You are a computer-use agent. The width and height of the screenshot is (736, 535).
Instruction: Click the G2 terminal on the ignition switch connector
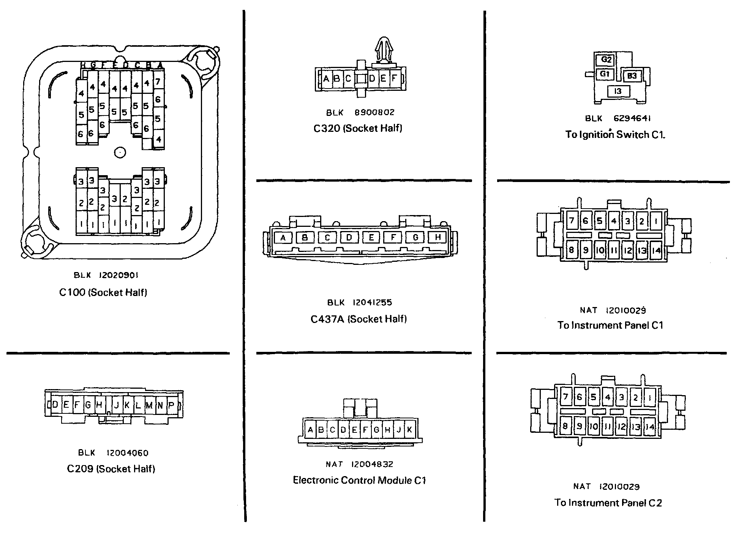606,60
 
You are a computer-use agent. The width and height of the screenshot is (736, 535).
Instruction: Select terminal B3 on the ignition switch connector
632,76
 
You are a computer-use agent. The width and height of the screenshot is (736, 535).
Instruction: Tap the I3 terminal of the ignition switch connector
618,91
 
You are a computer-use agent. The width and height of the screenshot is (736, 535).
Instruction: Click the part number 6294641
632,118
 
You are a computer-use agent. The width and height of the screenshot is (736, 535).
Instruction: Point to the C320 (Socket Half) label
358,128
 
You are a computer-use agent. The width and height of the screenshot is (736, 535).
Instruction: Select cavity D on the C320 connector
372,79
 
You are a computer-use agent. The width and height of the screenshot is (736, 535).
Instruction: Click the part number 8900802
374,112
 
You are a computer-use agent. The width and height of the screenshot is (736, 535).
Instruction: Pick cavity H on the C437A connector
438,237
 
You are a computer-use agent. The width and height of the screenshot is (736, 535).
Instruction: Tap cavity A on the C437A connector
283,238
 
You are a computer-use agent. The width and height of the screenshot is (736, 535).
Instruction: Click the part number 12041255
372,302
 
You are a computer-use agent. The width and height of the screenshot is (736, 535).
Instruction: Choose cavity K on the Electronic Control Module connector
409,430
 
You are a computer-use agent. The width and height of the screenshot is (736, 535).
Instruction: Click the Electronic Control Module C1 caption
359,480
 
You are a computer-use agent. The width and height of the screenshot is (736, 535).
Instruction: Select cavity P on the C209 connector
171,405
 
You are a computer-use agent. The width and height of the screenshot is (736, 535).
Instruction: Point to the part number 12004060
127,453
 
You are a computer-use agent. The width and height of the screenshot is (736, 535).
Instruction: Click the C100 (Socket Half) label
103,292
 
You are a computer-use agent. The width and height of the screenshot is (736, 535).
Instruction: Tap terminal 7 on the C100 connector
158,81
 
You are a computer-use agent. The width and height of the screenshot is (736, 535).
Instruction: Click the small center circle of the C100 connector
120,152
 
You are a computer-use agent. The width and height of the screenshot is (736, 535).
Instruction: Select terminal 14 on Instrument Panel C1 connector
656,250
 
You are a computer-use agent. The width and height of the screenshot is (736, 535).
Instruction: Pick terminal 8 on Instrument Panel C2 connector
565,426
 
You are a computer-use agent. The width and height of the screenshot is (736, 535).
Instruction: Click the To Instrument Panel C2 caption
608,503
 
